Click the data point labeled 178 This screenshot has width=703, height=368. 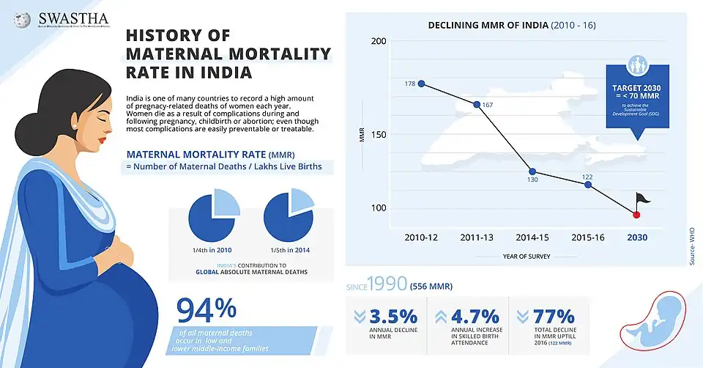(421, 84)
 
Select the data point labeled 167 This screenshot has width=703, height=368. (477, 104)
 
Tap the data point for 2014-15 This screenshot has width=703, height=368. (532, 172)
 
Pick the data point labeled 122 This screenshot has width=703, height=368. (588, 184)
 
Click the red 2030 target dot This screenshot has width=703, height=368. (636, 214)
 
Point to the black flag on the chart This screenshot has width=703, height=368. (643, 198)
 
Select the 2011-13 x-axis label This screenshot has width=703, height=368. (477, 237)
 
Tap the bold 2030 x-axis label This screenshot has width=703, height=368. (636, 237)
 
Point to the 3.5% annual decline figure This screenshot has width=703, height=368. (393, 317)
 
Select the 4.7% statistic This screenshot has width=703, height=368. (475, 317)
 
